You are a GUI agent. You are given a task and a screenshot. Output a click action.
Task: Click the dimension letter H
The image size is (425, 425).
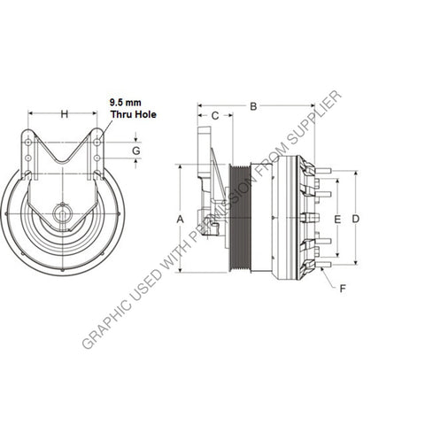click(x=63, y=113)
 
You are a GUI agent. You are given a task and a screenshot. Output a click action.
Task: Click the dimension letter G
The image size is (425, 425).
click(x=135, y=151)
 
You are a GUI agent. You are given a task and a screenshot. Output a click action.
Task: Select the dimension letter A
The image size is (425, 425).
click(x=180, y=218)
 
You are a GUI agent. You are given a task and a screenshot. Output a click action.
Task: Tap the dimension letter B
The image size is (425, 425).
click(x=253, y=107)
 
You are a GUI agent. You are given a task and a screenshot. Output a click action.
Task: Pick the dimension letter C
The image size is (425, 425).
click(x=215, y=115)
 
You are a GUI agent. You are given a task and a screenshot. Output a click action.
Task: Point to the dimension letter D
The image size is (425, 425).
click(x=356, y=218)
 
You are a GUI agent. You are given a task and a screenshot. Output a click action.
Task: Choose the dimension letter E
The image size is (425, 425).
click(x=336, y=218)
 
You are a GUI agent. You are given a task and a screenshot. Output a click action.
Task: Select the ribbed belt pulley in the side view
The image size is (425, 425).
click(x=240, y=218)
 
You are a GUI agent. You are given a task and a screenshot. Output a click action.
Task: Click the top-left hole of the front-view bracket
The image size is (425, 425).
click(x=30, y=142)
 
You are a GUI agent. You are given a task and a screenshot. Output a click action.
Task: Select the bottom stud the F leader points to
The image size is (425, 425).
click(x=324, y=263)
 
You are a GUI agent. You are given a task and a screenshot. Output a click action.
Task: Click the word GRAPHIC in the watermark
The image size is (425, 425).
click(x=106, y=324)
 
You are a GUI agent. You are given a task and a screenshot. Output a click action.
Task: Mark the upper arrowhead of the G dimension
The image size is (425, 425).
click(x=135, y=140)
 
